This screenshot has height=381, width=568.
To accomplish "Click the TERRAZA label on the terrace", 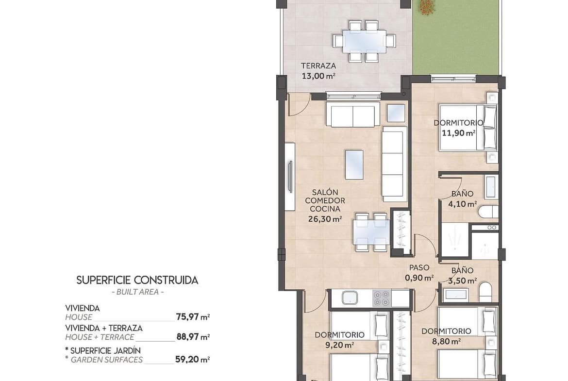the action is (318, 66).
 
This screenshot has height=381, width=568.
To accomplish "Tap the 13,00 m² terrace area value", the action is (318, 76).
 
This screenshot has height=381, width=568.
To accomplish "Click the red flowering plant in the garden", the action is (427, 6).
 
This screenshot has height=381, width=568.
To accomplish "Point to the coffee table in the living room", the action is (354, 165).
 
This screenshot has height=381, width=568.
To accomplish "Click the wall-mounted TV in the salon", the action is (290, 177).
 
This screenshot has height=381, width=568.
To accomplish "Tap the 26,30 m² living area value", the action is (325, 219).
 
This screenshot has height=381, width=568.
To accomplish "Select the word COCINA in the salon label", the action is (325, 209).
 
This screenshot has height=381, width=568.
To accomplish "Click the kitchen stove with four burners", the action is (382, 298).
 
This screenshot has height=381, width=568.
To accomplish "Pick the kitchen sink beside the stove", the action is (350, 298).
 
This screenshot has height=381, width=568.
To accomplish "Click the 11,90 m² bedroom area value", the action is (459, 133).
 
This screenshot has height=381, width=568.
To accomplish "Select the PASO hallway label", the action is (419, 267).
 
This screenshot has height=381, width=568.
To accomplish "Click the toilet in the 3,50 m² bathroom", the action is (485, 292).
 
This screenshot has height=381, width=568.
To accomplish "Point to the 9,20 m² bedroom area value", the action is (339, 345).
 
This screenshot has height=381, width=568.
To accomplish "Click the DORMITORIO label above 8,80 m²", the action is (446, 331).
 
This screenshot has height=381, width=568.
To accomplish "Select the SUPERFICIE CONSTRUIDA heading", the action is (137, 280).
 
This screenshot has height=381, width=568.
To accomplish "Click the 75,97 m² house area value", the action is (193, 317).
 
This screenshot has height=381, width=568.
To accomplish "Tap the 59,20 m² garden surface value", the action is (193, 359).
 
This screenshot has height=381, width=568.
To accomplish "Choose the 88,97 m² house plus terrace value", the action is (193, 337).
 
